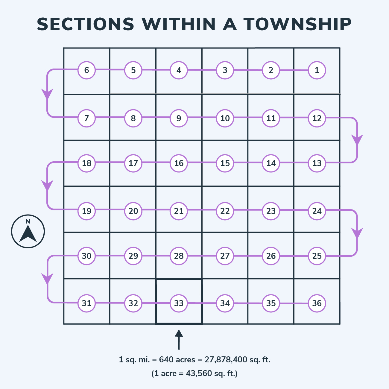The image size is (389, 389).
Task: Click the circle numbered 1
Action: (317, 70)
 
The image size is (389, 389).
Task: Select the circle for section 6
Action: (87, 70)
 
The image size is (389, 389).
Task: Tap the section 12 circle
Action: (317, 118)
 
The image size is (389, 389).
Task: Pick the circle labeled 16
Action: (179, 163)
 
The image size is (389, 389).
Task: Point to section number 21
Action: (179, 211)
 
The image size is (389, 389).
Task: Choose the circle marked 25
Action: (317, 256)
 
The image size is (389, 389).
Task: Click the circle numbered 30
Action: (87, 256)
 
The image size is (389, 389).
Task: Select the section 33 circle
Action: (179, 303)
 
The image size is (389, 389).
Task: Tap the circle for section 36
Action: (317, 303)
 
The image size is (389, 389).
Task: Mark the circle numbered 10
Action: (225, 118)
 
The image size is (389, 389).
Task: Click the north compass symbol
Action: (28, 231)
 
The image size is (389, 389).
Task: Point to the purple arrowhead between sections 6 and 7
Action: (47, 94)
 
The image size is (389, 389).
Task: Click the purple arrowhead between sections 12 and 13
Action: (357, 140)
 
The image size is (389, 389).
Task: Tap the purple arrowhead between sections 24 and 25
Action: (357, 233)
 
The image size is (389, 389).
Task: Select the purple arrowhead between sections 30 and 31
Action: (47, 279)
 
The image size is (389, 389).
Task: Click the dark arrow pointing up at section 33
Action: (179, 339)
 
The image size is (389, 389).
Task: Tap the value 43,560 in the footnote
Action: (199, 373)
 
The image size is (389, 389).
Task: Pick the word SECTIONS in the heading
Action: (86, 25)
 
